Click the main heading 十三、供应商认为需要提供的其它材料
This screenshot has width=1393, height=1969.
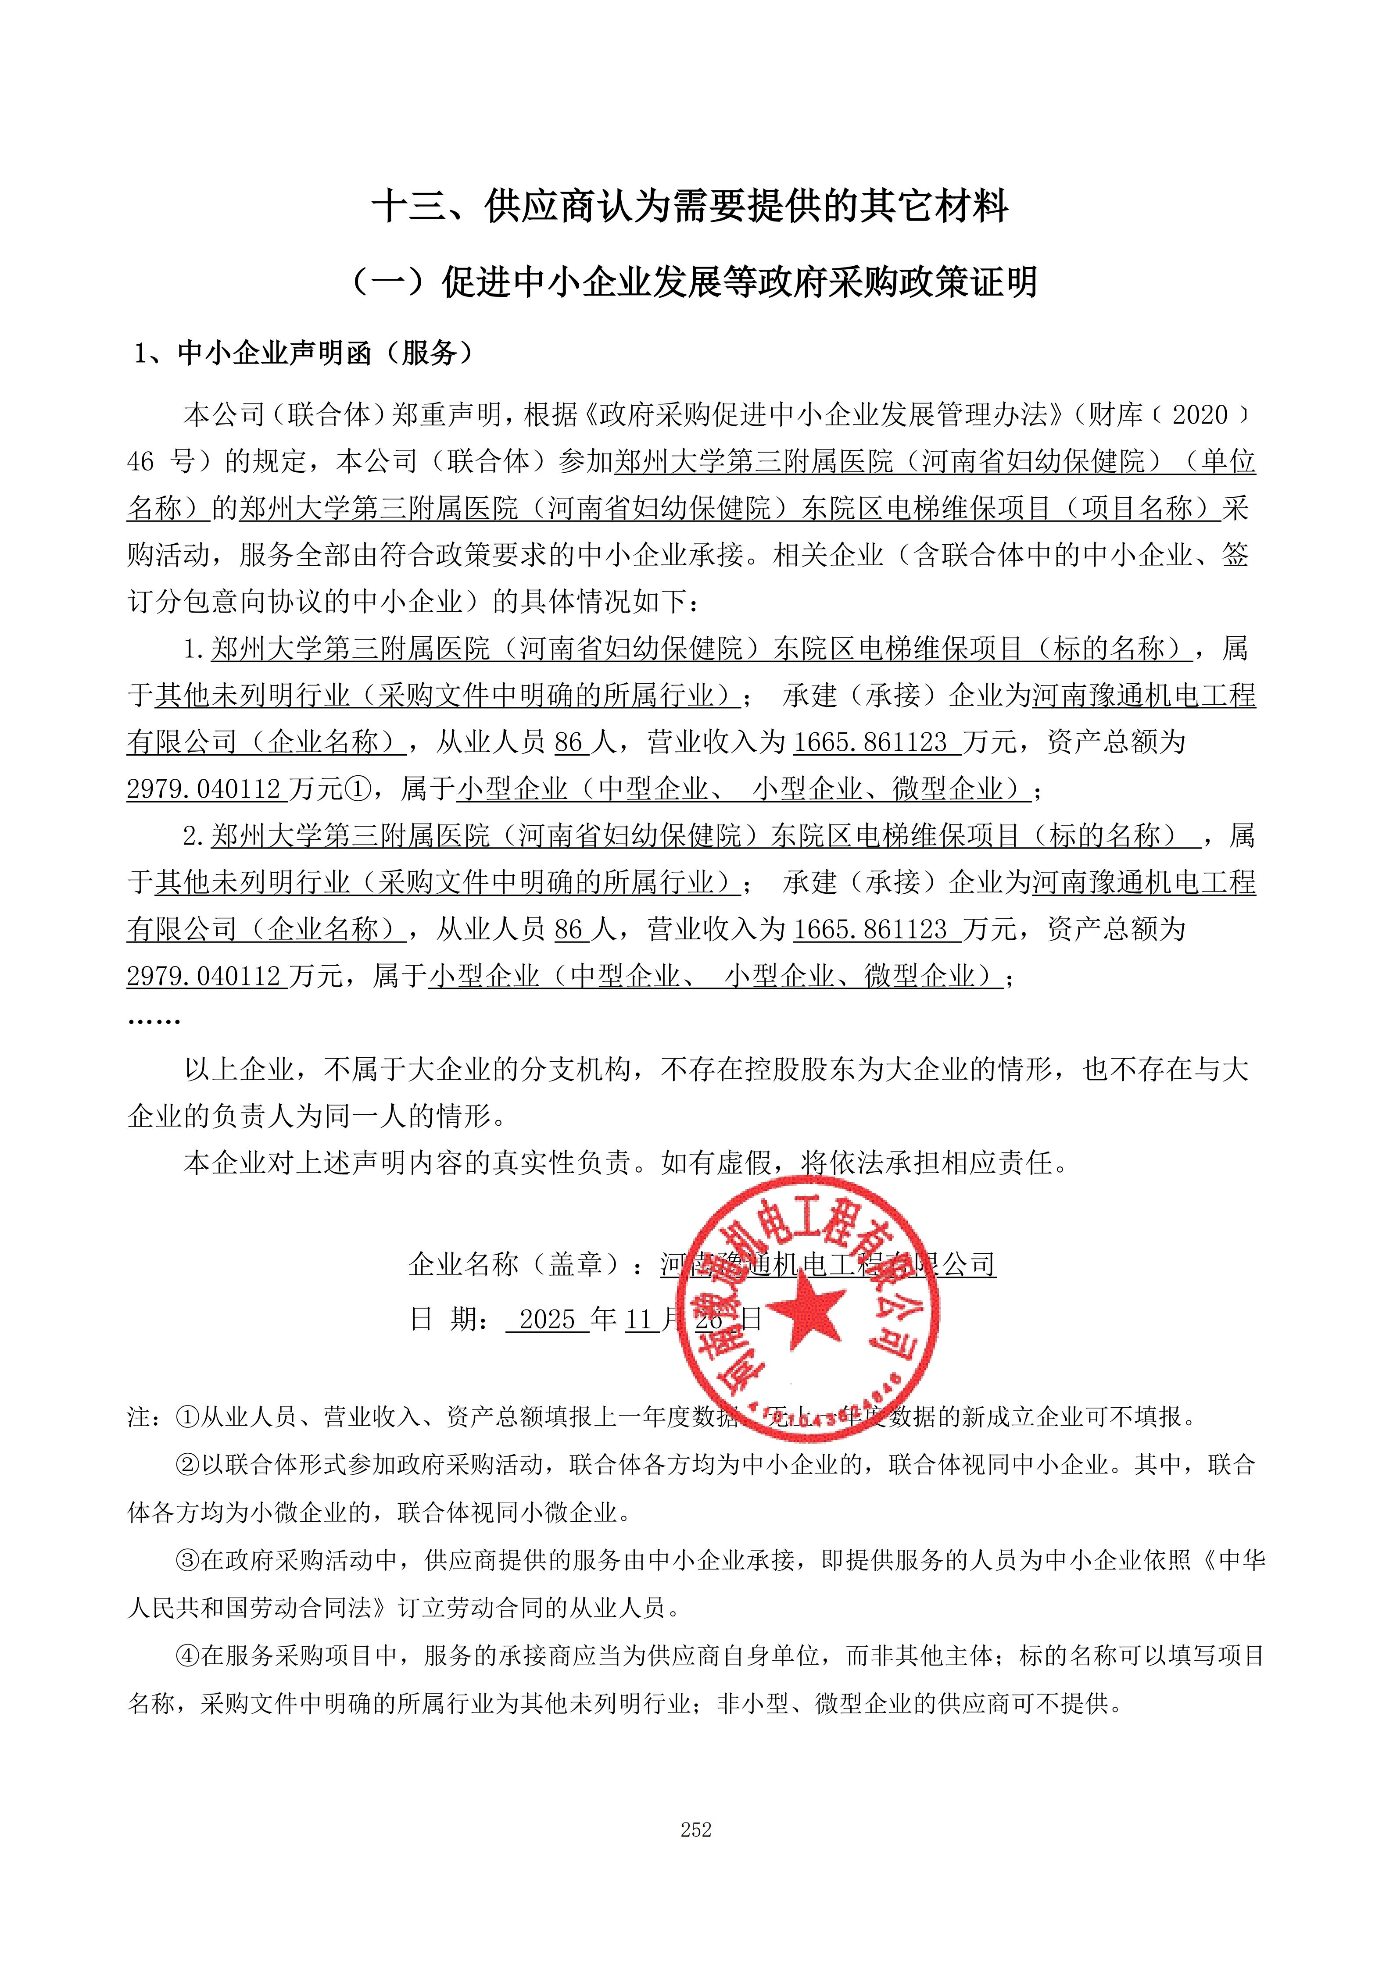(691, 207)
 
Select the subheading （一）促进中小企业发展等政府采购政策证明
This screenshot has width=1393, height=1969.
(695, 282)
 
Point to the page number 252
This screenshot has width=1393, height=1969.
(696, 1829)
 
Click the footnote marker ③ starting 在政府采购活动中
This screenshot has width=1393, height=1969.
(188, 1560)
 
